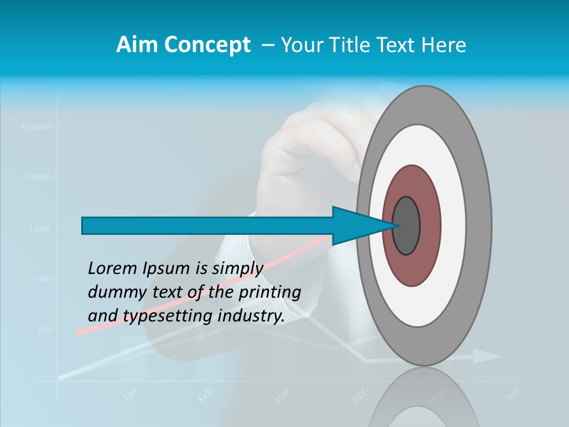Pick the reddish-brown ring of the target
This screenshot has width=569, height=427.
click(x=412, y=181)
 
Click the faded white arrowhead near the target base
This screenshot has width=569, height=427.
click(x=487, y=356)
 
